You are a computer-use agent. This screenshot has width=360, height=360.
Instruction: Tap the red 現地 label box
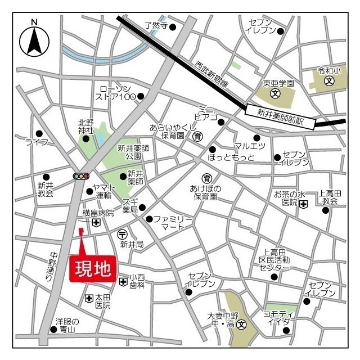93,269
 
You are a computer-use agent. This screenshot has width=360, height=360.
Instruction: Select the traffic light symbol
82,176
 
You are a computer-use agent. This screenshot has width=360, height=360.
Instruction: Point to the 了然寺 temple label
156,25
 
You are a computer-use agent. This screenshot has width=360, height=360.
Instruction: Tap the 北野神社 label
85,126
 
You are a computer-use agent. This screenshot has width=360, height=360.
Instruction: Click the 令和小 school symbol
329,81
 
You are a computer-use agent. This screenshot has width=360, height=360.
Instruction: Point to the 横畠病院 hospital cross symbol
97,223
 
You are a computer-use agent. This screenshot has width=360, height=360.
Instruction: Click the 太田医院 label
102,301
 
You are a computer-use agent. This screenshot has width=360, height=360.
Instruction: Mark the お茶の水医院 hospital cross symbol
304,203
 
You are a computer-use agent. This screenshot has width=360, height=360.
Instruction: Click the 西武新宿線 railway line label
209,75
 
